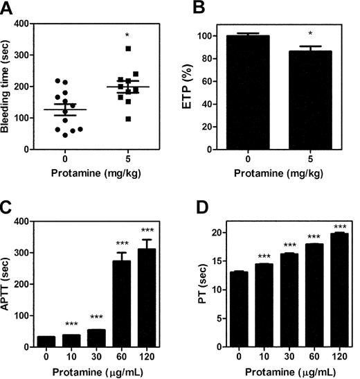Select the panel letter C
pyautogui.click(x=8, y=209)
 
